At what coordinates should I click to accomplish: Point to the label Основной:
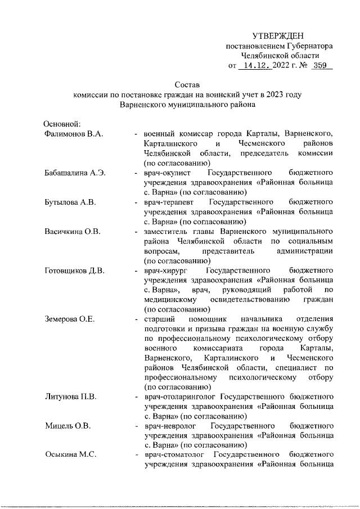[x=63, y=124]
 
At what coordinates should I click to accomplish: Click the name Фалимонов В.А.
[x=73, y=134]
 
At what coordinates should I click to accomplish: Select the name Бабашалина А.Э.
[x=75, y=172]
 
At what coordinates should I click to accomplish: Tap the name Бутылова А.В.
[x=69, y=201]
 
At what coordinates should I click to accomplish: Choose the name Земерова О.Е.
[x=70, y=319]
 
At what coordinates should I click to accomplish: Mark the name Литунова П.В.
[x=71, y=397]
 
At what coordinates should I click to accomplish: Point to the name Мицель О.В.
[x=67, y=425]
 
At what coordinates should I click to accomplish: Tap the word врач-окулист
[x=168, y=172]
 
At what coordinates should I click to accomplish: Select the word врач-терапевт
[x=170, y=201]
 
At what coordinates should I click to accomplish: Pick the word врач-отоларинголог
[x=179, y=397]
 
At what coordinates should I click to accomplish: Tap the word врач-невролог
[x=170, y=425]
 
